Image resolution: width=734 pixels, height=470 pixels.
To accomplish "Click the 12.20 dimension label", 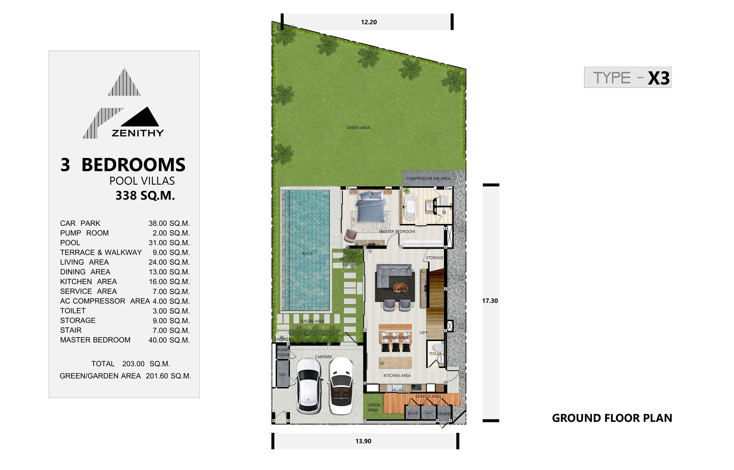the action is [369, 22].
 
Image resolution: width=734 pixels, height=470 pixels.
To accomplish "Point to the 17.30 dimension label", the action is [490, 301].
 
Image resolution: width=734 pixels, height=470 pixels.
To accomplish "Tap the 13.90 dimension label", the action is [363, 441].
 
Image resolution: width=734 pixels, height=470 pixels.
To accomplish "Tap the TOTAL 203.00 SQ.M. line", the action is [131, 364].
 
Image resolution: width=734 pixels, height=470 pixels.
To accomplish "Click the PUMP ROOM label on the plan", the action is [283, 352].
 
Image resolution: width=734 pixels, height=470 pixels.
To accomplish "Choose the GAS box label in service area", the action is [428, 413].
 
